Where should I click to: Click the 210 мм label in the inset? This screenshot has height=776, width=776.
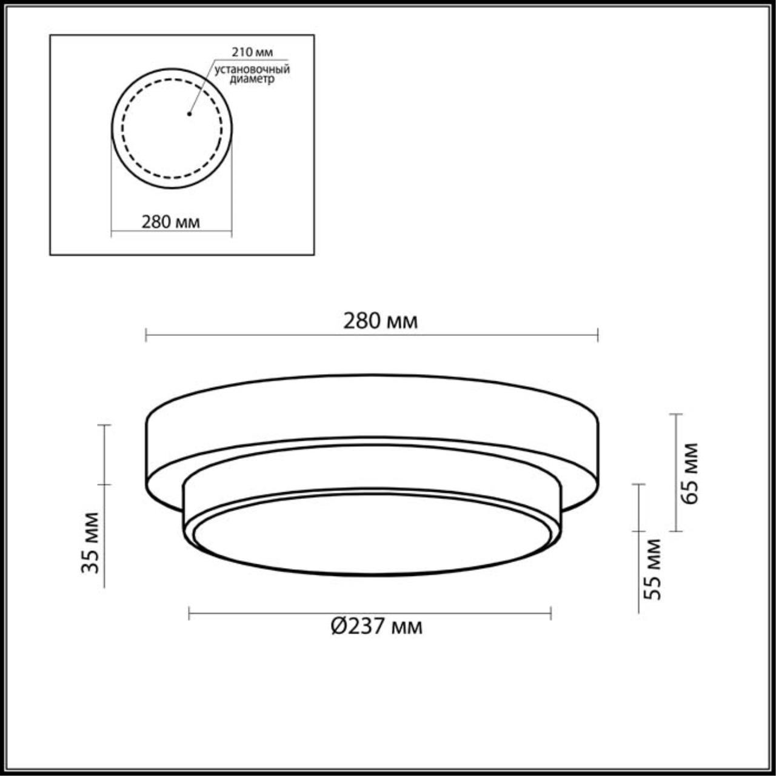tap(252, 53)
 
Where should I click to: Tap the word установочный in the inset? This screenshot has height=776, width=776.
tap(252, 70)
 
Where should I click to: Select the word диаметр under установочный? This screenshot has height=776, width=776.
tap(252, 79)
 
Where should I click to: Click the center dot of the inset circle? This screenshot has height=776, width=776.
tap(189, 113)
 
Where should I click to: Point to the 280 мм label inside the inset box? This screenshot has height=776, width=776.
tap(171, 222)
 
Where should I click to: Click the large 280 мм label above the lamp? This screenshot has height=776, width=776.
tap(380, 321)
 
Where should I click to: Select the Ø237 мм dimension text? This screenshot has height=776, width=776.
tap(376, 626)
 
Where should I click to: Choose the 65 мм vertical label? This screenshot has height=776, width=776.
tap(690, 473)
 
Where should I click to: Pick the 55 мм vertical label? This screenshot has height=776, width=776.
tap(652, 569)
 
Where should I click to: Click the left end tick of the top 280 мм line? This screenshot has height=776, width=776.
tap(146, 335)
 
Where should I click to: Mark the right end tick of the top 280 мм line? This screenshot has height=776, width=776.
tap(598, 335)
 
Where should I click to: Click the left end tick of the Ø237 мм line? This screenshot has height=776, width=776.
tap(189, 614)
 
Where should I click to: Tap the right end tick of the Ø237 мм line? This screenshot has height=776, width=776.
tap(550, 614)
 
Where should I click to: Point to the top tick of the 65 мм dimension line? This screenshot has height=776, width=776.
tap(676, 415)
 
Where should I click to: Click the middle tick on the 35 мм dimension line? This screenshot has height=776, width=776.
tap(104, 484)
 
